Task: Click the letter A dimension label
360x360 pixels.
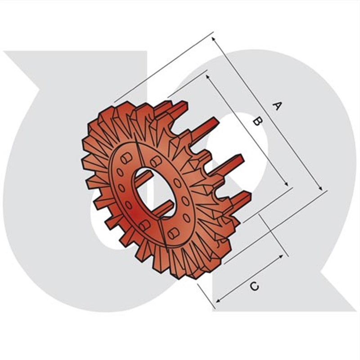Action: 278,106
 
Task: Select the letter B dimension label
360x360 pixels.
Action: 256,121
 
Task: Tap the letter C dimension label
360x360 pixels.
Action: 254,286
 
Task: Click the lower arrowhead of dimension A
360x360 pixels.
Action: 321,189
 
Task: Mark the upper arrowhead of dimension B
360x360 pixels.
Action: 208,77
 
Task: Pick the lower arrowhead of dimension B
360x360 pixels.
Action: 286,185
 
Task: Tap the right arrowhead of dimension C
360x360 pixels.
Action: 282,256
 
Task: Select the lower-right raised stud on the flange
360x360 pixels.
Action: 173,233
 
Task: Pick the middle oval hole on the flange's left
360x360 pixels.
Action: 121,188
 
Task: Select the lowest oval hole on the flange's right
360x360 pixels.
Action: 186,218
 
